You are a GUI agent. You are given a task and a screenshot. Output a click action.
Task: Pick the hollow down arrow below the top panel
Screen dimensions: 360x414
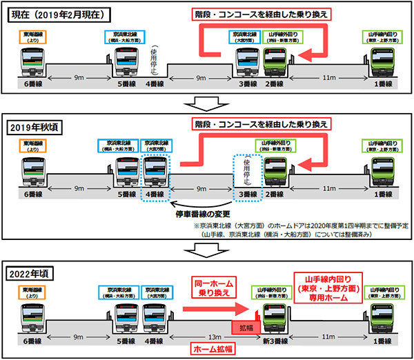tap(205, 103)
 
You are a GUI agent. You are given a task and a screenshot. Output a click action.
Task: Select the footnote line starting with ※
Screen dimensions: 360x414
tap(297, 226)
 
